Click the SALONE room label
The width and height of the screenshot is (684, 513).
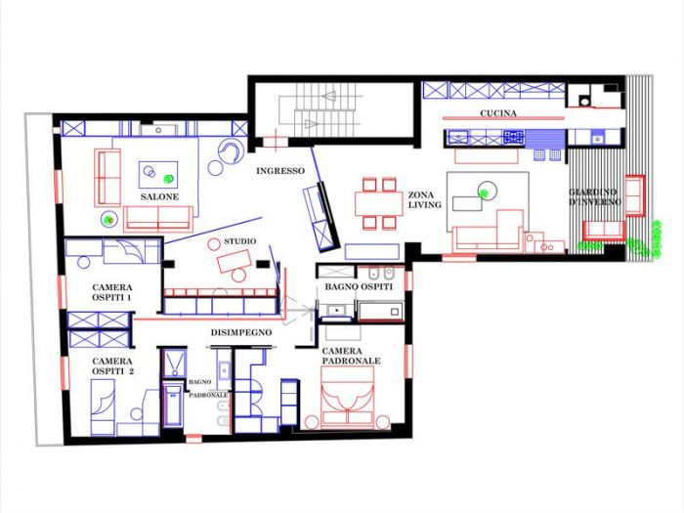157,197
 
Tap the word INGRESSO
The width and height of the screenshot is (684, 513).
280,171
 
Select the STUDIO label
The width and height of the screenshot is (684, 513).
240,240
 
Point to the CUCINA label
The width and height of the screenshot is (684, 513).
498,113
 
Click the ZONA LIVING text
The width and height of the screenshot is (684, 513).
426,200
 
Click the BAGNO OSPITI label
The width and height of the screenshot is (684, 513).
359,286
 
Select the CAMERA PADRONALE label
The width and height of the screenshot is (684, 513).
351,356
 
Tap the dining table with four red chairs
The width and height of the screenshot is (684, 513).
376,203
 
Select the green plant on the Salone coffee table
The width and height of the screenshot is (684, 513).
169,179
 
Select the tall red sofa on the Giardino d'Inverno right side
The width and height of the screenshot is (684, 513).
634,193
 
